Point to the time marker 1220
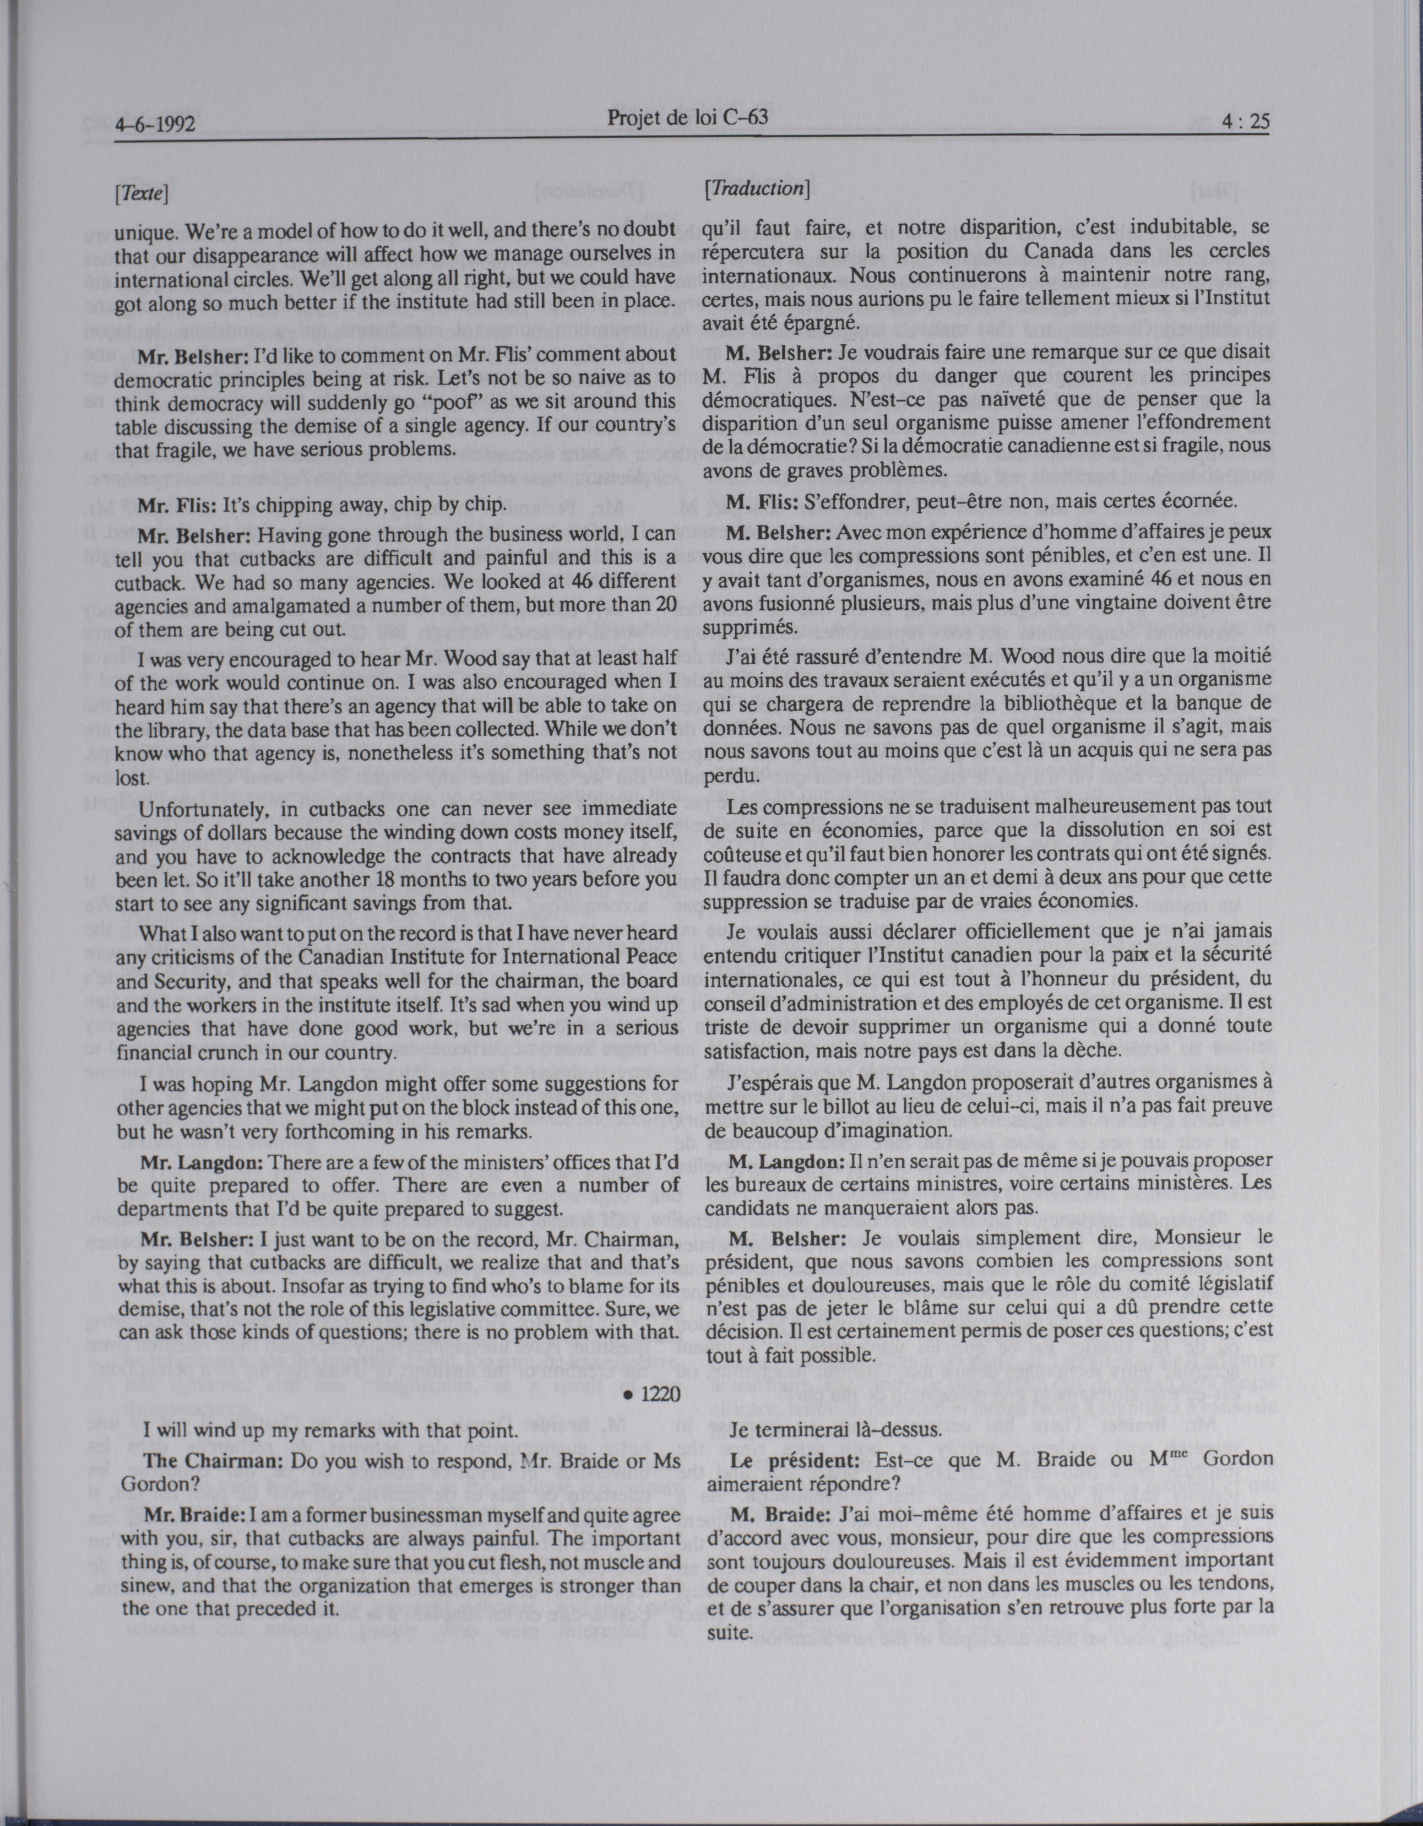click(655, 1393)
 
